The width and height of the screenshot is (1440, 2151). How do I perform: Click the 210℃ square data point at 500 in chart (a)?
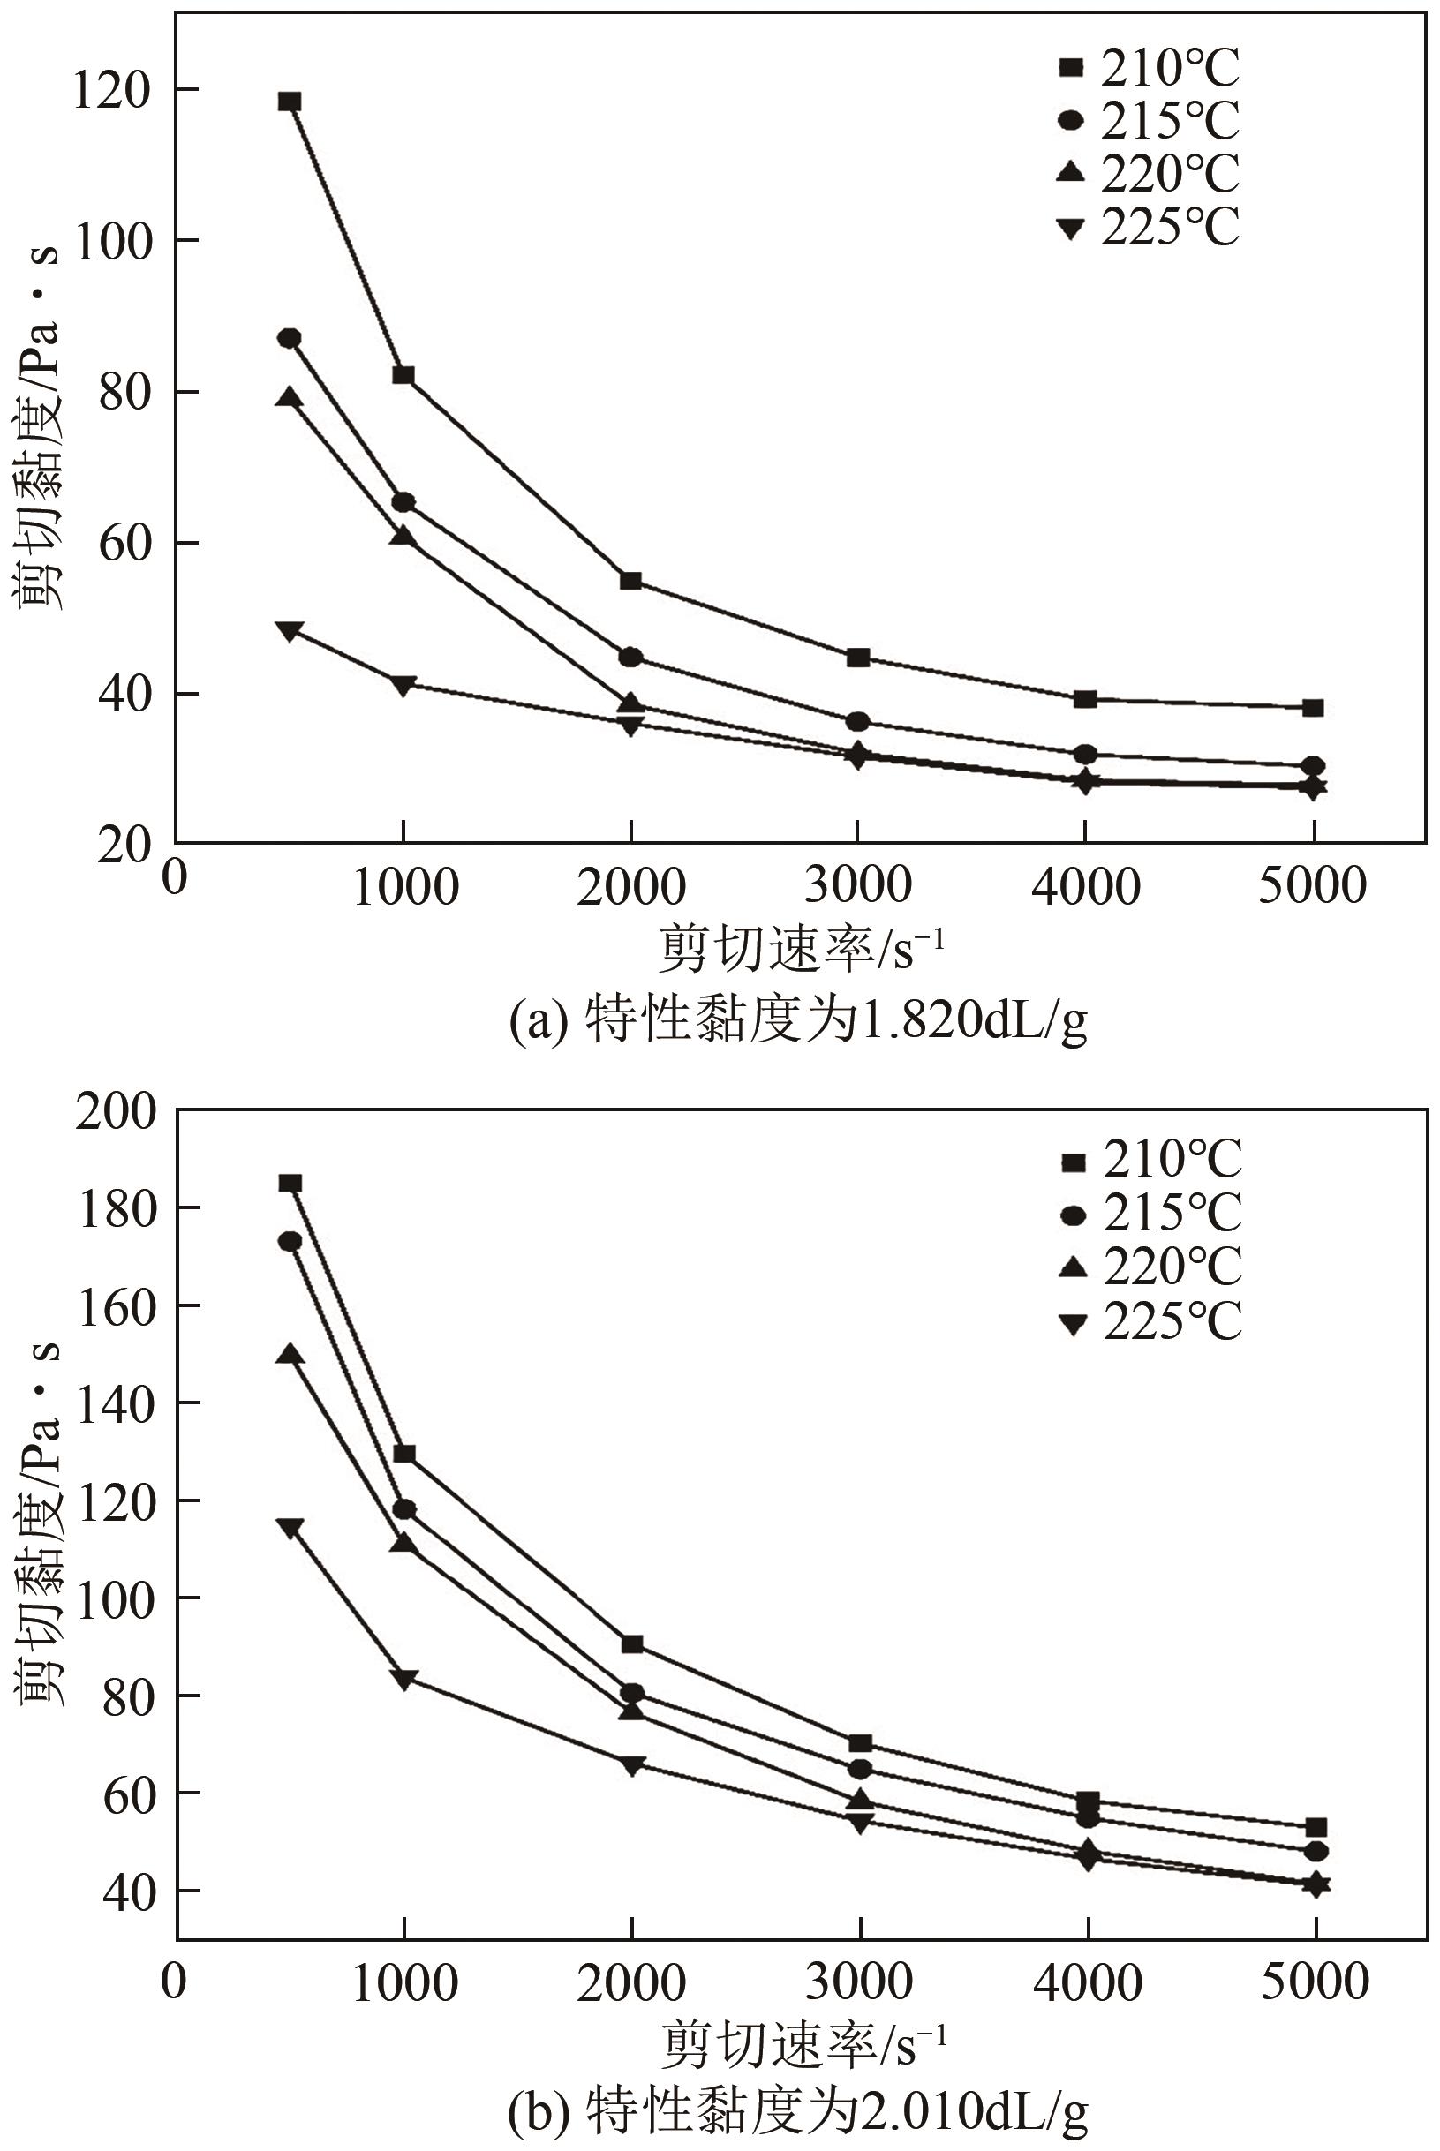(x=290, y=101)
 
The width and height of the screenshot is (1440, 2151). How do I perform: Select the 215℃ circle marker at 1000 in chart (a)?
(x=403, y=502)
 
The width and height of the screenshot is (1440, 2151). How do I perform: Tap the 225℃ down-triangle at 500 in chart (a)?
(x=290, y=631)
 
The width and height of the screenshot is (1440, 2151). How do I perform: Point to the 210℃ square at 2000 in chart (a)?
(x=631, y=580)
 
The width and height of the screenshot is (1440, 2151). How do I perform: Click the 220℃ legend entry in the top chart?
(x=1149, y=174)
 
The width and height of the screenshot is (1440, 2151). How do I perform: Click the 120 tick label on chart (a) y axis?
(x=111, y=92)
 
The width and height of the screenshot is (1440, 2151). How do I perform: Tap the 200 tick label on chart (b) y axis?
(x=116, y=1113)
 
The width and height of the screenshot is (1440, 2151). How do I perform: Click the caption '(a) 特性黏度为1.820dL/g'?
(x=798, y=1020)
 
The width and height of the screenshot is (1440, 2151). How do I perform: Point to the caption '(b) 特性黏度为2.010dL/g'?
(x=798, y=2110)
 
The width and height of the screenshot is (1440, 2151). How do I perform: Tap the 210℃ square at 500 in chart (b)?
(x=290, y=1184)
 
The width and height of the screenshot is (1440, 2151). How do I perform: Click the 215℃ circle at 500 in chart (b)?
(x=290, y=1241)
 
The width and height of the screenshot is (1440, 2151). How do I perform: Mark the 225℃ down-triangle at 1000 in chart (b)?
(x=404, y=1678)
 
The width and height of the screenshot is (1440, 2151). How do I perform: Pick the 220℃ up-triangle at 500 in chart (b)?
(x=290, y=1354)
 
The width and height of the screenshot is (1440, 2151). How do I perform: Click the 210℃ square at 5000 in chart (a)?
(x=1313, y=708)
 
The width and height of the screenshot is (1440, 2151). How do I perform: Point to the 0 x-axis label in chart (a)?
(x=174, y=877)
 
